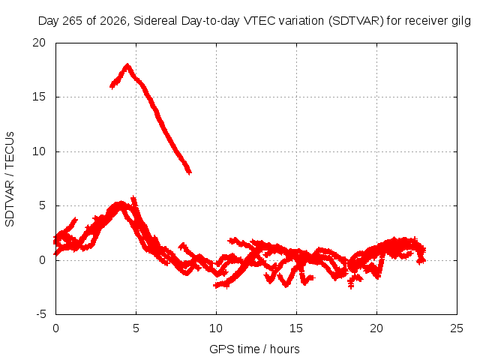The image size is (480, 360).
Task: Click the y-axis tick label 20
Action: pos(39,43)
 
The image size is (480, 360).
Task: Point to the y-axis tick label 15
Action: pos(39,97)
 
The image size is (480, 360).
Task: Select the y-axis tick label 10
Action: pos(39,151)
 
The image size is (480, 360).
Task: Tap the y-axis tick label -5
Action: pos(40,314)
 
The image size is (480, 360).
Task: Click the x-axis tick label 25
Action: pos(457,328)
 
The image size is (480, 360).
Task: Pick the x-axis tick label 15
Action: pos(296,328)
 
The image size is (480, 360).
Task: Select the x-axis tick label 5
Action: pos(136,328)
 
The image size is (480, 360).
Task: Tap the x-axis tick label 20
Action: pos(376,328)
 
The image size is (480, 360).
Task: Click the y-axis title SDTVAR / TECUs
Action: pos(10,179)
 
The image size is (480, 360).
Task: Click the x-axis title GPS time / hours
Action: pos(254,349)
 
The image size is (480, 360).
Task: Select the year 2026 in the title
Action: pos(113,21)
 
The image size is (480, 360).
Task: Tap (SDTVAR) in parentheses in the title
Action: pos(356,21)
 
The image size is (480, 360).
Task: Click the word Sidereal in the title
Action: pos(155,21)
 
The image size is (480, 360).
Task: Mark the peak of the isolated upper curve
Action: pos(127,65)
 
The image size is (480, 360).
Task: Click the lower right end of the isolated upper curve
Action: pos(190,172)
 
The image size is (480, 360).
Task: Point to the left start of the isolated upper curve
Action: pos(112,87)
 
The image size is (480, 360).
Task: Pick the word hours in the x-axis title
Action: pos(285,349)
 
